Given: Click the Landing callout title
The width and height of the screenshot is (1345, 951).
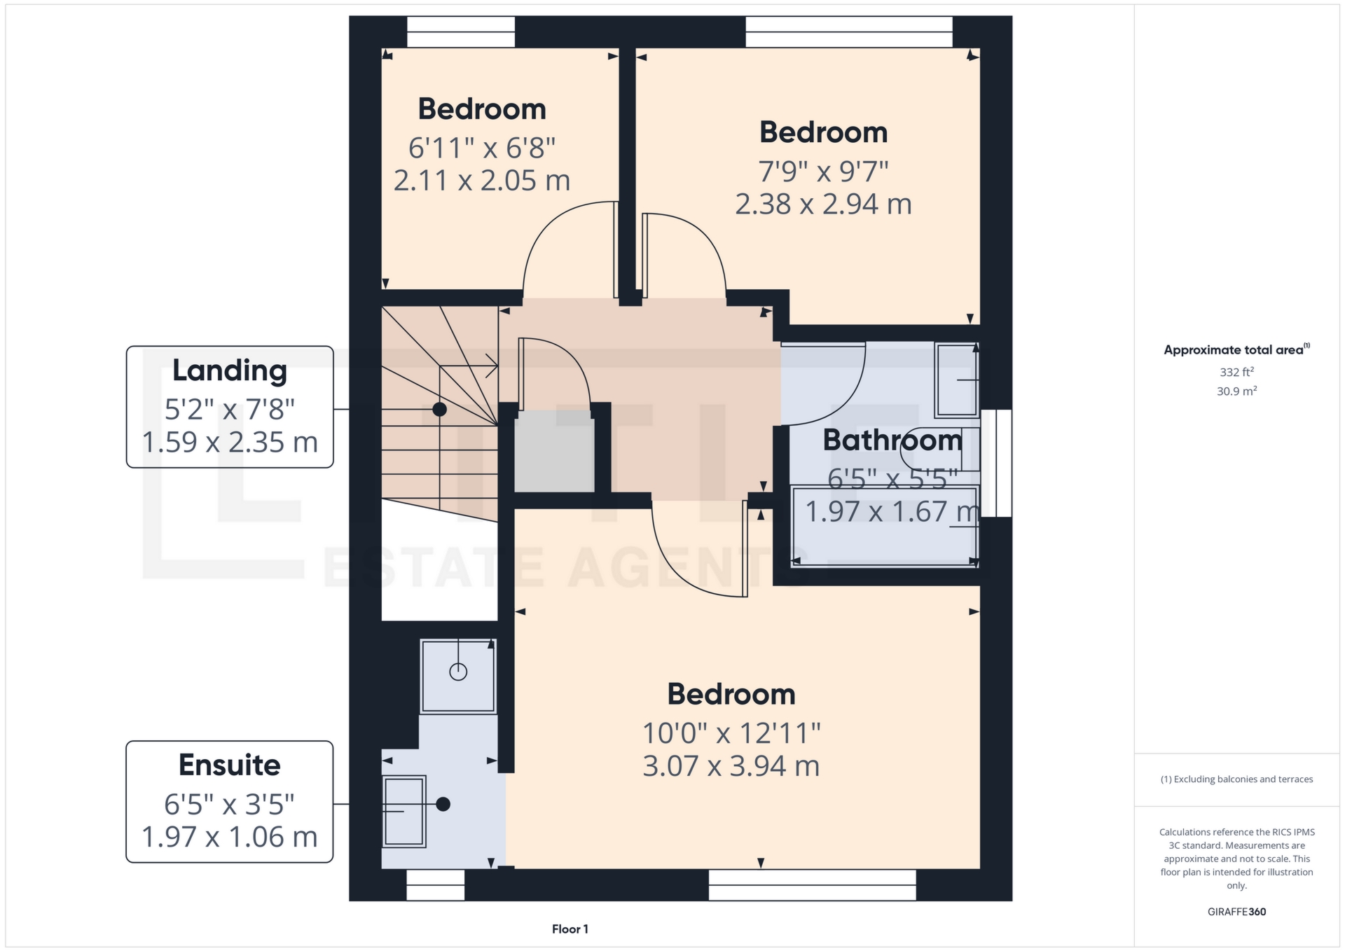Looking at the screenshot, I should [x=230, y=370].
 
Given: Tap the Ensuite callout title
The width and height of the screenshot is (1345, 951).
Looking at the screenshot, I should [x=230, y=765].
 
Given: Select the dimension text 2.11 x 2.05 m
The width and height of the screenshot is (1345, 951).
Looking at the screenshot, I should [x=482, y=181].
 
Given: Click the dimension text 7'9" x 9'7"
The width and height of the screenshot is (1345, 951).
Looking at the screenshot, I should [x=823, y=172].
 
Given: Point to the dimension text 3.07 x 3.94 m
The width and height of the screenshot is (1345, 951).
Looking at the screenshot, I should [x=731, y=766].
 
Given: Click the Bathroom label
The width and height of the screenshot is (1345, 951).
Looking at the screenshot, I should [x=892, y=440].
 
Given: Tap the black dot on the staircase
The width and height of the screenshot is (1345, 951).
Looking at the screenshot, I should [x=439, y=410].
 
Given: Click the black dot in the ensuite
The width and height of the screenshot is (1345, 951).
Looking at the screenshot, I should [x=443, y=805].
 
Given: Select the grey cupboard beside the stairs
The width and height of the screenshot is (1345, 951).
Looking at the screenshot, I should [x=554, y=452].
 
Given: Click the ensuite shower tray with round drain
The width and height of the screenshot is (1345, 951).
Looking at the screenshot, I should [x=458, y=676].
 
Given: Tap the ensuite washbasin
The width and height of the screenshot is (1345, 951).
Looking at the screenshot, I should [x=404, y=812].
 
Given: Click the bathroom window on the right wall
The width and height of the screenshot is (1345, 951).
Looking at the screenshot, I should [x=996, y=464].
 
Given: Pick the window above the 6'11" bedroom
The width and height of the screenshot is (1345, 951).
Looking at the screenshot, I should [x=461, y=32].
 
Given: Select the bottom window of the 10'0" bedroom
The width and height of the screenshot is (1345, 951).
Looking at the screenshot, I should [x=812, y=885].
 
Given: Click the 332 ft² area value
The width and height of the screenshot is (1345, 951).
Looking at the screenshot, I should [x=1236, y=372].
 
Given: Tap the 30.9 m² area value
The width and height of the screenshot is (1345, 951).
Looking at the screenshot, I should [x=1236, y=391].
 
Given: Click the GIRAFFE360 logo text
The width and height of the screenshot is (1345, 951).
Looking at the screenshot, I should [x=1236, y=912].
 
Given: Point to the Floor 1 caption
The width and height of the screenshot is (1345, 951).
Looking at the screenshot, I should [x=570, y=929].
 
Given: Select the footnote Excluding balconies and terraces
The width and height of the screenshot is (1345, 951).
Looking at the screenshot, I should [x=1236, y=779].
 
